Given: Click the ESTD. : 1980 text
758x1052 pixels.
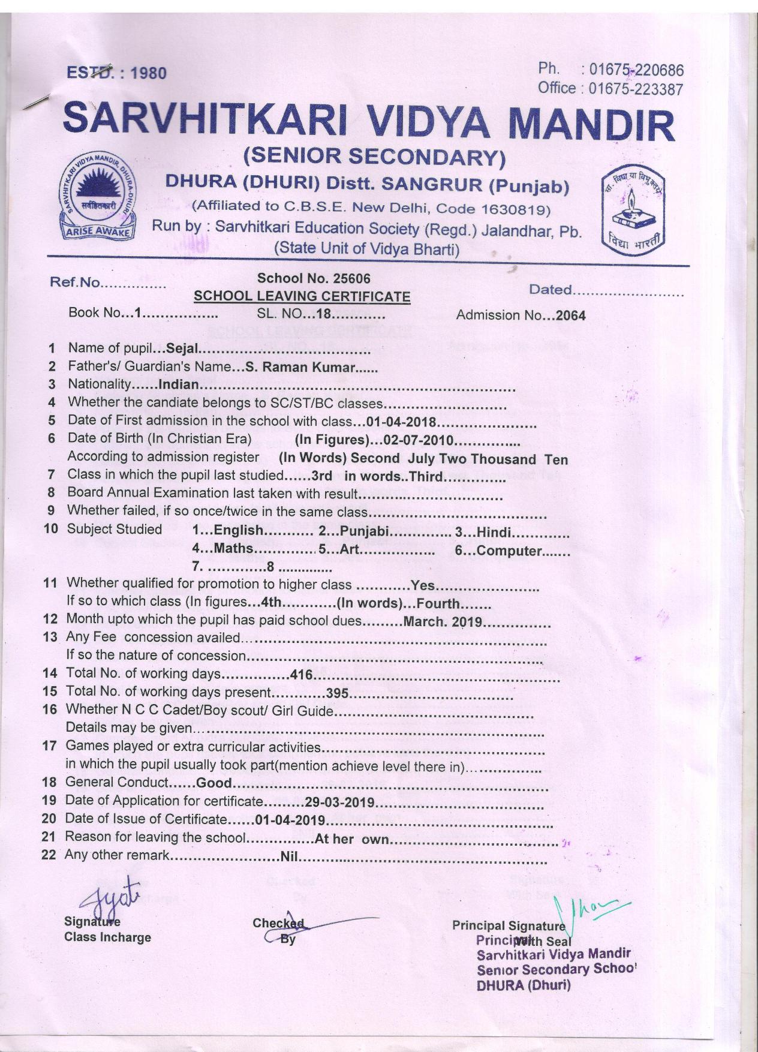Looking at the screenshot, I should point(116,73).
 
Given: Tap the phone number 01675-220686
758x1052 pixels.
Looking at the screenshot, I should point(636,70).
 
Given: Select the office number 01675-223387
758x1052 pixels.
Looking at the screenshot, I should point(636,89).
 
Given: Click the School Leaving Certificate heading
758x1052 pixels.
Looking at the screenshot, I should point(302,296).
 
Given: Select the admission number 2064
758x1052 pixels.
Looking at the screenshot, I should point(570,315).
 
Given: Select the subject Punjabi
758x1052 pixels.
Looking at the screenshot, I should point(366,531).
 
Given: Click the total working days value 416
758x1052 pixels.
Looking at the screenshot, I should point(302,675).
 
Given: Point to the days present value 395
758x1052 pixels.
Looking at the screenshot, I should point(337,693).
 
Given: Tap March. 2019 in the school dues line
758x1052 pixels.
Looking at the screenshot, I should point(443,621).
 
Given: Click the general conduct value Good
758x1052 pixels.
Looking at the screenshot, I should point(214,783).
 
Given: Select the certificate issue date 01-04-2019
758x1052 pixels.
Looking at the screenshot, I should point(290,820).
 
